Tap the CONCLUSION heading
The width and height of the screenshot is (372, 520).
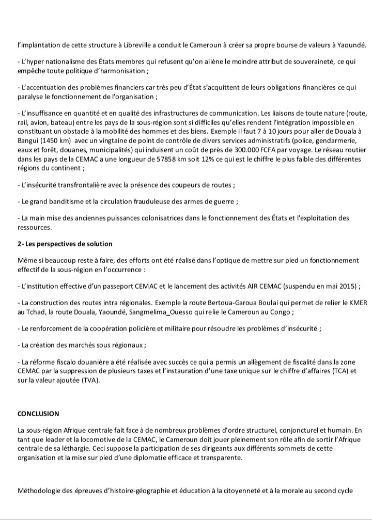(x=38, y=414)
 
